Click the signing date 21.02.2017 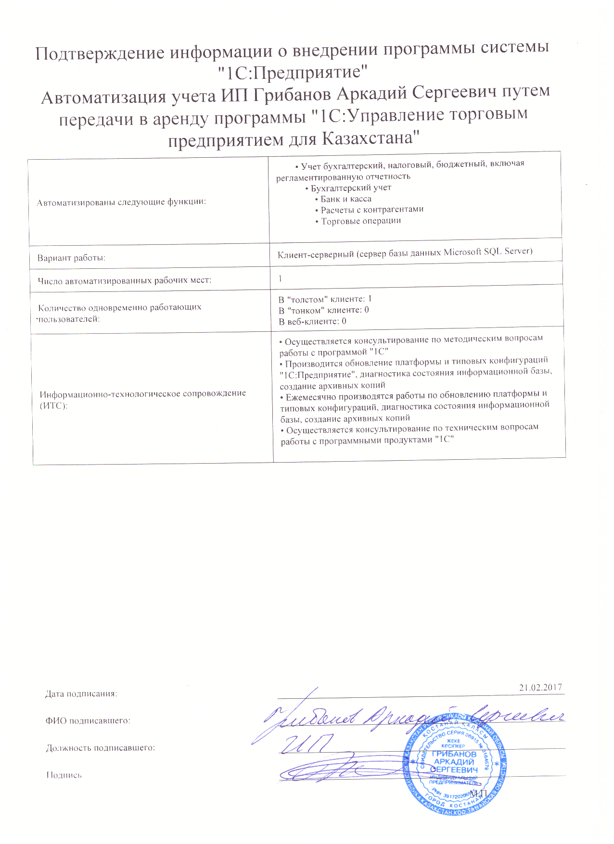point(540,687)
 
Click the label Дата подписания point(81,693)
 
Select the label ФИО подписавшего point(88,720)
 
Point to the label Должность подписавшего point(101,748)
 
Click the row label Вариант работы point(72,258)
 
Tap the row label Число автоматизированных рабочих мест point(125,280)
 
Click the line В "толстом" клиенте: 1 point(325,299)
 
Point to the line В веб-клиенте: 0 point(313,321)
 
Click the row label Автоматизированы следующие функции point(121,202)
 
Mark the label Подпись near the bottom point(64,775)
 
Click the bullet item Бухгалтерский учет point(350,188)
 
